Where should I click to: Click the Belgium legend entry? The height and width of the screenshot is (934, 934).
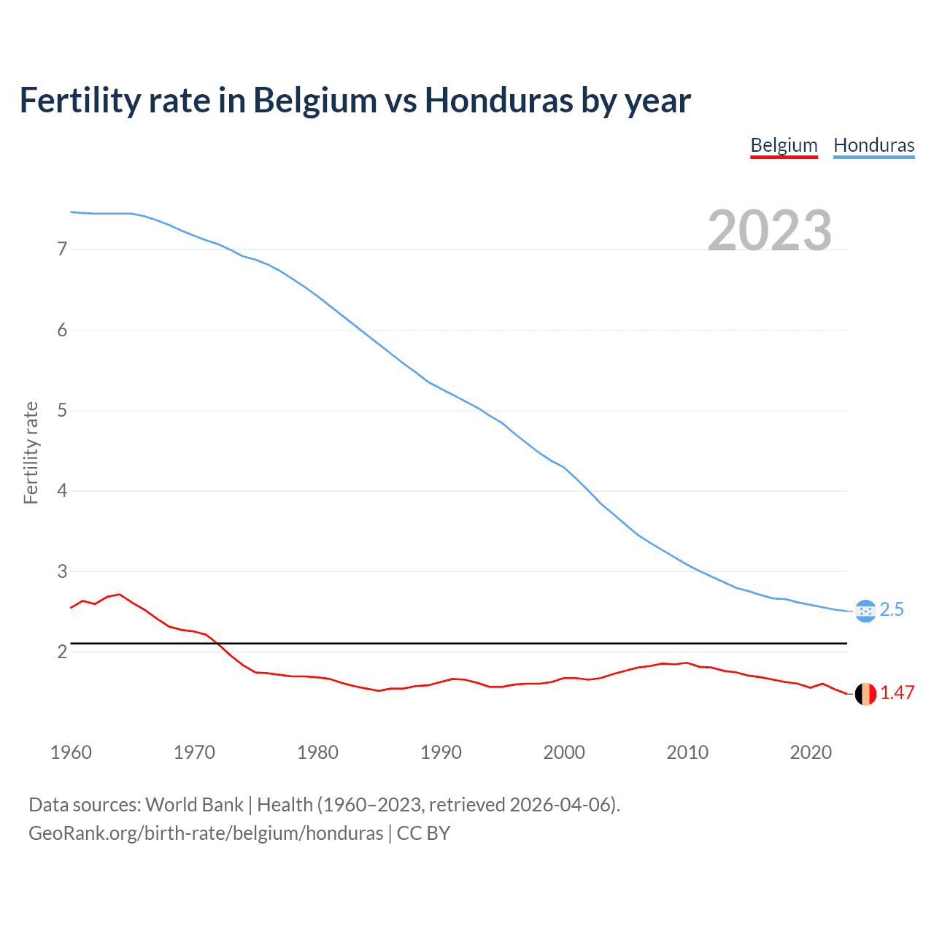(784, 145)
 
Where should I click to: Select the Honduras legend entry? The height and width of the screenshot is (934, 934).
(873, 145)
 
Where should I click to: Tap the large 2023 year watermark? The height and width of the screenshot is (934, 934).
(770, 231)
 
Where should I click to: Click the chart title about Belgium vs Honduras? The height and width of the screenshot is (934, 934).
(355, 100)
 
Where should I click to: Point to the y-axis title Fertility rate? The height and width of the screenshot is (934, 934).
(31, 452)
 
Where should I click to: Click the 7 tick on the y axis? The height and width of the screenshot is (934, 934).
(62, 250)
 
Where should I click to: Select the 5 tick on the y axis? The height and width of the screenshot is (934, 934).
(62, 410)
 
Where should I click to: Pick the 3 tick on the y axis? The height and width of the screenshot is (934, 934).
(62, 571)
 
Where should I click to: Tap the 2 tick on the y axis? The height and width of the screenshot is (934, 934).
(62, 652)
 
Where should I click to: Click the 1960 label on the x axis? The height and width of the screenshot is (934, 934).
(71, 752)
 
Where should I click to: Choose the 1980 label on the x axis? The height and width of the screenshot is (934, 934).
(317, 752)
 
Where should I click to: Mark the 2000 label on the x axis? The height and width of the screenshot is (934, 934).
(564, 752)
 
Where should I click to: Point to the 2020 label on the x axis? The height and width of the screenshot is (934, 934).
(811, 752)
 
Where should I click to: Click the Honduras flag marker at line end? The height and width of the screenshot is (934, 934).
(865, 611)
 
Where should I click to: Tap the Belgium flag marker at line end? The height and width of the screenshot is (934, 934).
(865, 694)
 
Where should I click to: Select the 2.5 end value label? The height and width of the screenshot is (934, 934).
(892, 610)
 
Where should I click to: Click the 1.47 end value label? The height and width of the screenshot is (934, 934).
(897, 693)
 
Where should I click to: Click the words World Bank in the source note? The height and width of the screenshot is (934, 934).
(194, 805)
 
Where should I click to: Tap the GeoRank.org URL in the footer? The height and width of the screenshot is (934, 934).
(206, 833)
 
